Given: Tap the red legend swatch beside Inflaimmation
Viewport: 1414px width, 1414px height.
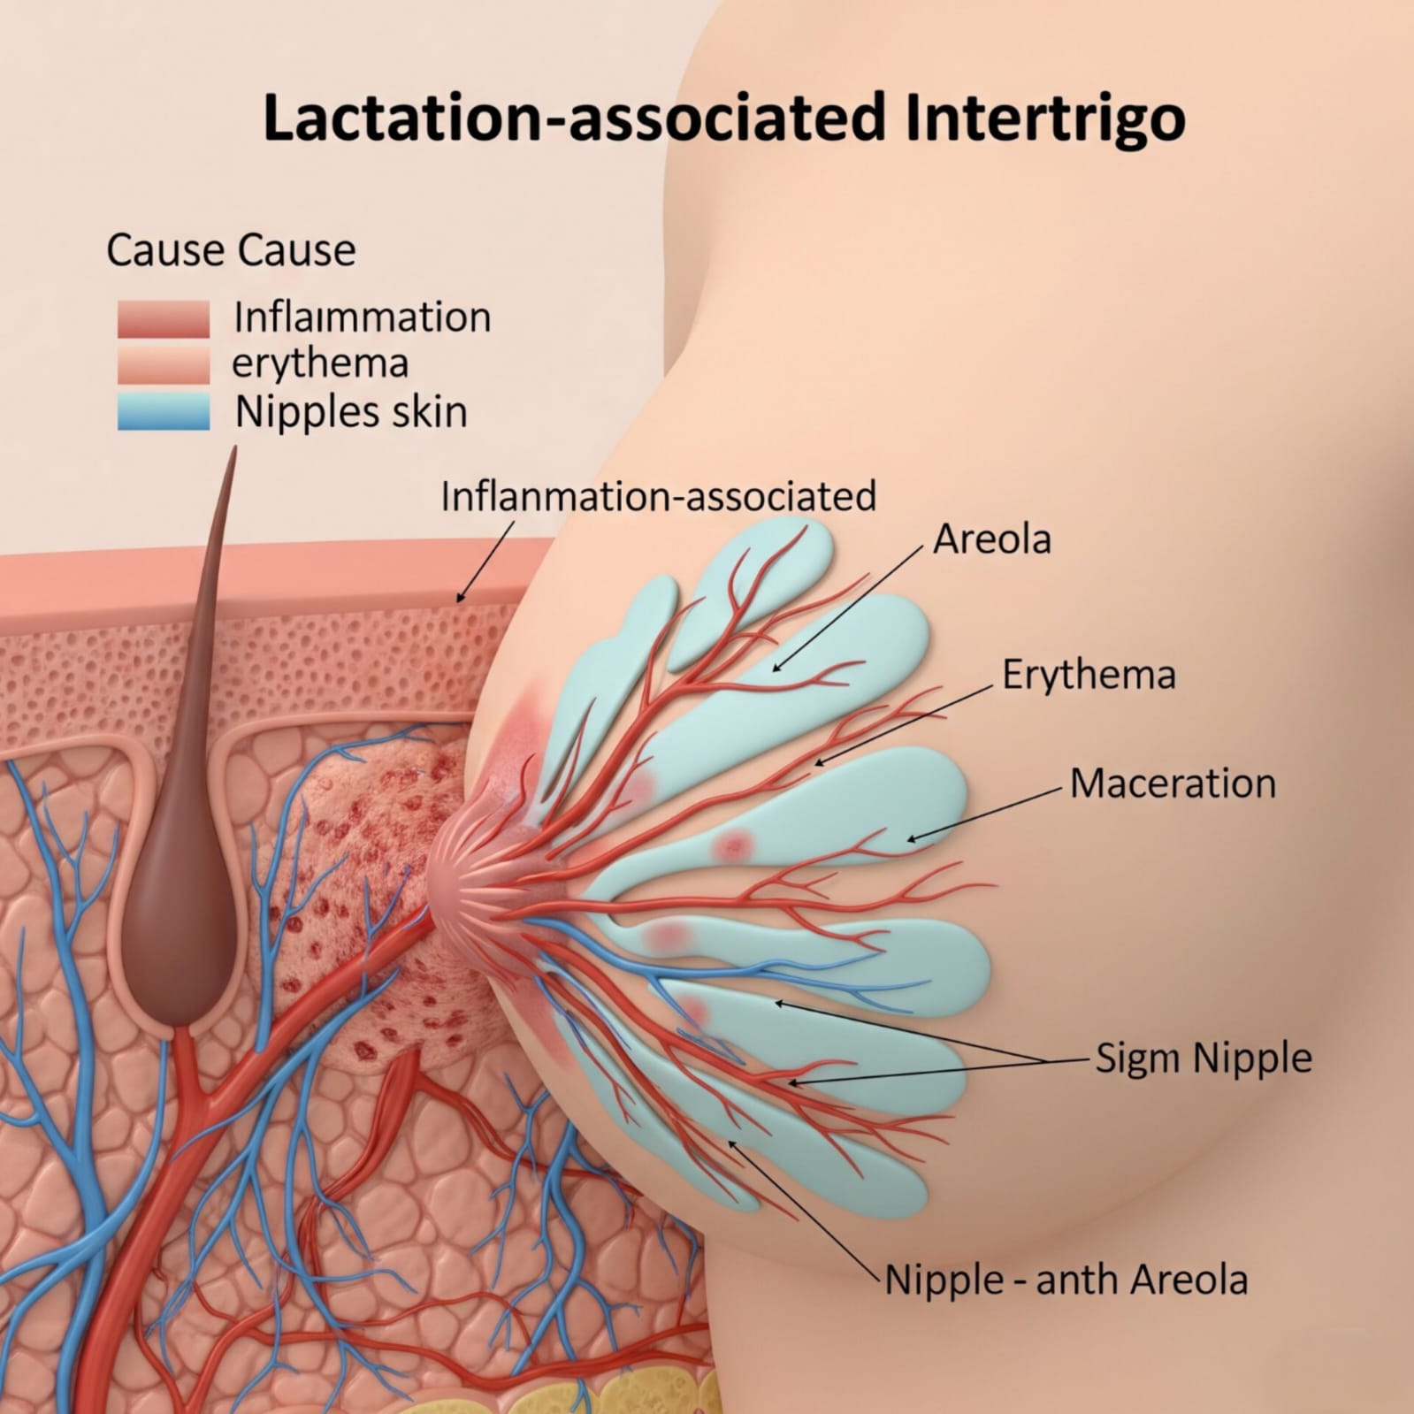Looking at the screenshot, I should pos(164,318).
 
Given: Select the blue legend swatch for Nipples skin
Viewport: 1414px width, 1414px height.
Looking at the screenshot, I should pos(164,412).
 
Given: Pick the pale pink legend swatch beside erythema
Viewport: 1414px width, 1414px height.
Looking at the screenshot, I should pos(164,365).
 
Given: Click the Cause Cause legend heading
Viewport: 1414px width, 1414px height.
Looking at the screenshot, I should pos(231,250).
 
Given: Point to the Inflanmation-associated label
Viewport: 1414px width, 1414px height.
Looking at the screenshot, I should pos(658,496).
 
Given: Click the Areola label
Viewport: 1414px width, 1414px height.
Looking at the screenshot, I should pos(992,539).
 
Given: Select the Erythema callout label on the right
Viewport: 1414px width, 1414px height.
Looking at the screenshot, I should pos(1089,676).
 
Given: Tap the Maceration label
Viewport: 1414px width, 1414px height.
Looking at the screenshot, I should pos(1173,783).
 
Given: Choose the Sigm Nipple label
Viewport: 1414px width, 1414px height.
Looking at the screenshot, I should pos(1204,1058).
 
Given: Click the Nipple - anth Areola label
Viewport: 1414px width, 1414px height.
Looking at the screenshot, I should pos(1066,1280).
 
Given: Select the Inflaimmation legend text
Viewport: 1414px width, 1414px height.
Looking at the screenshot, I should pos(362,317).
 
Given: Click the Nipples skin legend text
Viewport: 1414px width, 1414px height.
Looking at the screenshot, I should pos(351,412).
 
